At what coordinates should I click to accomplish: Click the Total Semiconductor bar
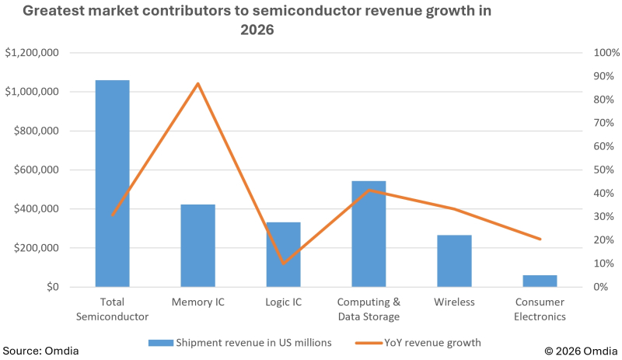pos(112,183)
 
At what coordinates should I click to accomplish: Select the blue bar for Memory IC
pos(197,246)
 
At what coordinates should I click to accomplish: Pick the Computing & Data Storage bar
pos(369,234)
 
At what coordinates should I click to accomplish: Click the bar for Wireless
pos(454,260)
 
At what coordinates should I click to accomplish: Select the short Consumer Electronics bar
pos(540,281)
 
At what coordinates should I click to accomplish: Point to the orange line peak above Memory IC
pos(197,83)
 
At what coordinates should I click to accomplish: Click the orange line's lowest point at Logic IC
pos(283,263)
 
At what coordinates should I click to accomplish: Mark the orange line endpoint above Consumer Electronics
pos(540,239)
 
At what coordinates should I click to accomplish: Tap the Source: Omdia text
pos(40,351)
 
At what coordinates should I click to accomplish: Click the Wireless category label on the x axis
pos(454,302)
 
